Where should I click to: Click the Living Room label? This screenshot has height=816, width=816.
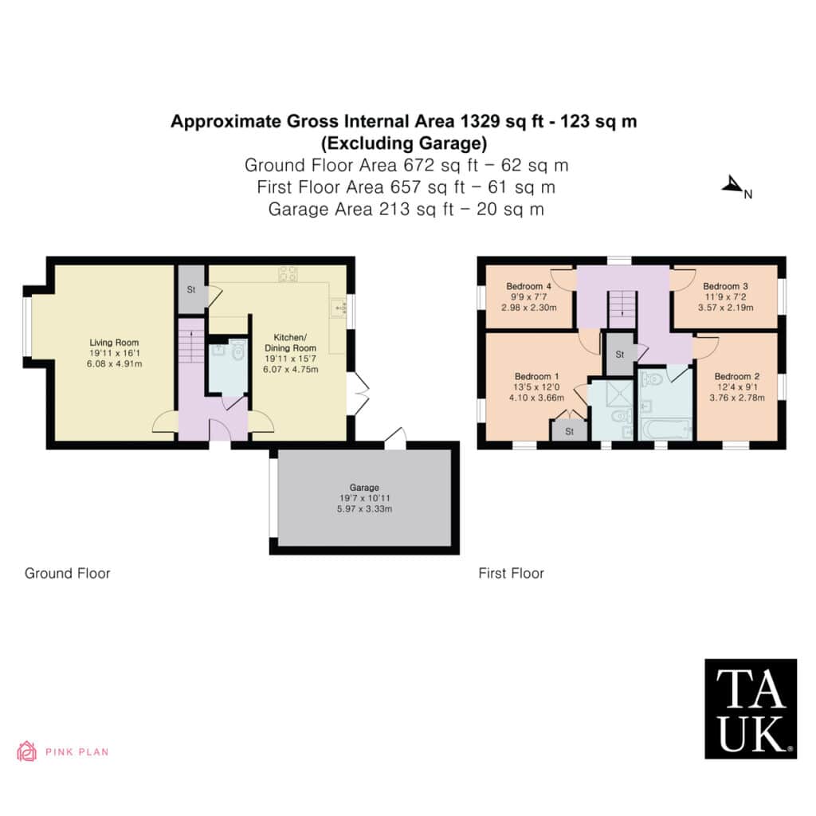point(114,343)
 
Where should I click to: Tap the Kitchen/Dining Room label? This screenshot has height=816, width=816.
point(290,343)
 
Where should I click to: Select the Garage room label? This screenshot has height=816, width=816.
point(364,488)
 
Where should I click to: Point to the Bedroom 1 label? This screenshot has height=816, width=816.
point(536,376)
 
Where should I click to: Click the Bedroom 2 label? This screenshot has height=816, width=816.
point(737,376)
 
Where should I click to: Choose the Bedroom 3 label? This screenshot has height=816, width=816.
point(725,286)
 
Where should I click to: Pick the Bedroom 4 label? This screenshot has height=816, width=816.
point(529,286)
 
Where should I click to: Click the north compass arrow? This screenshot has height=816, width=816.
point(732,185)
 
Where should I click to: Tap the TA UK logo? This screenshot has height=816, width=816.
point(751,708)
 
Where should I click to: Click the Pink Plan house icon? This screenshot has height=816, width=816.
point(26,751)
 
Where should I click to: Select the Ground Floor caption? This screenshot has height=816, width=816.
point(68,574)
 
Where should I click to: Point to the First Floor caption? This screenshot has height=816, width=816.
point(511,574)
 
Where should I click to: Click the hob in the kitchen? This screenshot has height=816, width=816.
point(288,274)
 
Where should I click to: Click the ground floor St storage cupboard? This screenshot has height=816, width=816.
point(191,289)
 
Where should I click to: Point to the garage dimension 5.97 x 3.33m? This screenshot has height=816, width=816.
point(364,509)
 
